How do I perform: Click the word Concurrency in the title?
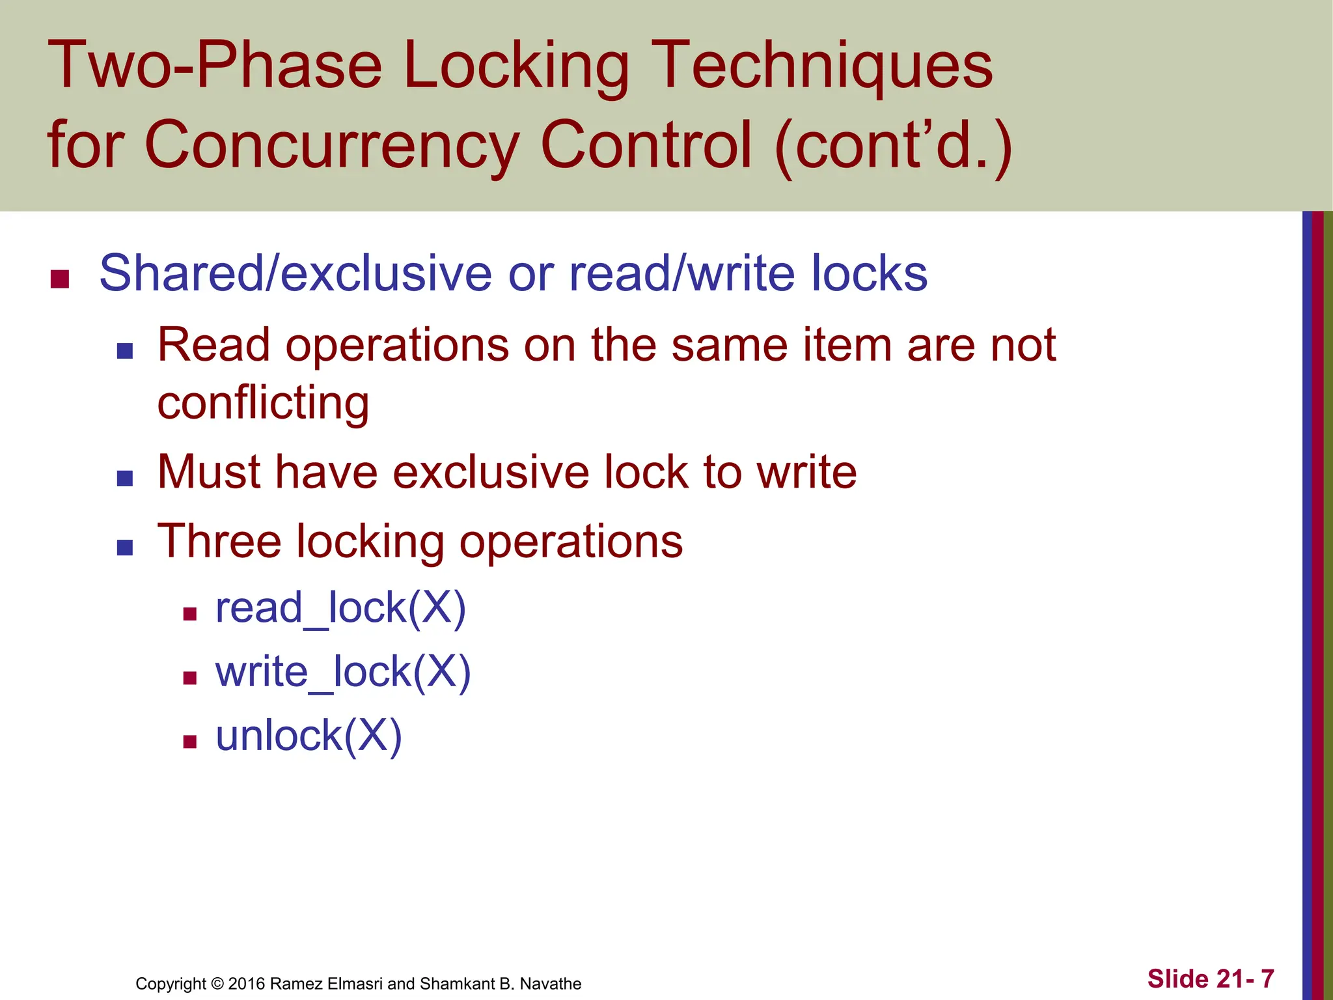click(x=331, y=145)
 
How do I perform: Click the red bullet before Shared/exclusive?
click(x=60, y=279)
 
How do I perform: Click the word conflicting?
click(x=263, y=403)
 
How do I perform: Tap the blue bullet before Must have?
click(x=125, y=479)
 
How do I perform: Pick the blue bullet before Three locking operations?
click(x=125, y=548)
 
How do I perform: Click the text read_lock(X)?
click(x=340, y=608)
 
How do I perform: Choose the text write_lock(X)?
click(x=343, y=672)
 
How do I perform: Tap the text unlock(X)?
click(x=309, y=736)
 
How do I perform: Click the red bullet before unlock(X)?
click(x=190, y=742)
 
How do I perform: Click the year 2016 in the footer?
click(x=246, y=984)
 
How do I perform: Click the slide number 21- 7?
click(x=1244, y=979)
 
